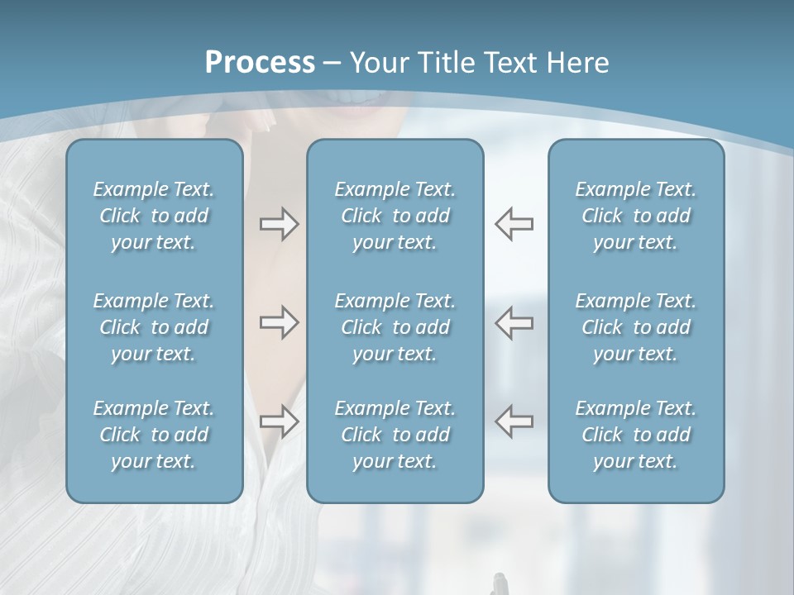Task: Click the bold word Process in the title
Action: tap(260, 62)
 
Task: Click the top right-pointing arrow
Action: tap(279, 224)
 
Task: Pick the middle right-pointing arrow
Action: tap(279, 322)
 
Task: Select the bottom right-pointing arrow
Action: tap(279, 421)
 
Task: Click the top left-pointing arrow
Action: tap(514, 224)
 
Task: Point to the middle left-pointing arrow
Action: tap(514, 322)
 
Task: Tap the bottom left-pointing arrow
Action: tap(514, 421)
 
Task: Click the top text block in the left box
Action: tap(154, 216)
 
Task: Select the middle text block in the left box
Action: tap(154, 327)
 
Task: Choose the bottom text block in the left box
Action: tap(154, 435)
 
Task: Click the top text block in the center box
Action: tap(395, 216)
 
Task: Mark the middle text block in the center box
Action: tap(395, 327)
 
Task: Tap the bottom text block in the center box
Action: tap(395, 435)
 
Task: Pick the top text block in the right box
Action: tap(635, 216)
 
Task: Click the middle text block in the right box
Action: tap(635, 327)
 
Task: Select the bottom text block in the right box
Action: tap(635, 435)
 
